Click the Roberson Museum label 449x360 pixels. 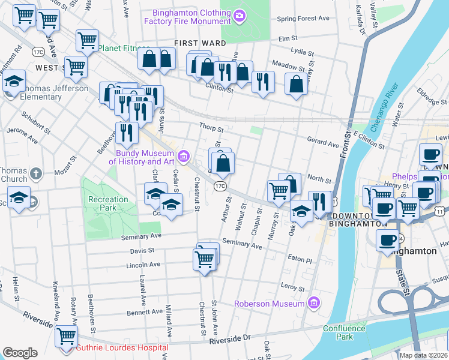coord(270,304)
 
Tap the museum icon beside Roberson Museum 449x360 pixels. coord(312,304)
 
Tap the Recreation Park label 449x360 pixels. coord(108,203)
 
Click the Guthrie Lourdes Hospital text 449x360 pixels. coord(121,347)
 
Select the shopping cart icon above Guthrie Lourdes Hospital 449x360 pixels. coord(65,336)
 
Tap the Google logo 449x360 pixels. coord(20,353)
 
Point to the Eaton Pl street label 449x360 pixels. coord(300,260)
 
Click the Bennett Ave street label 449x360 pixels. coord(145,312)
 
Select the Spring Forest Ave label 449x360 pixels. coord(303,19)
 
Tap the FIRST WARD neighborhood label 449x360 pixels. coord(200,43)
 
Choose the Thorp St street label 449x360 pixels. coord(211,128)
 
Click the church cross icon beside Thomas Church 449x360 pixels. coord(36,175)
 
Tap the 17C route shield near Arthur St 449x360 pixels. coord(221,187)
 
